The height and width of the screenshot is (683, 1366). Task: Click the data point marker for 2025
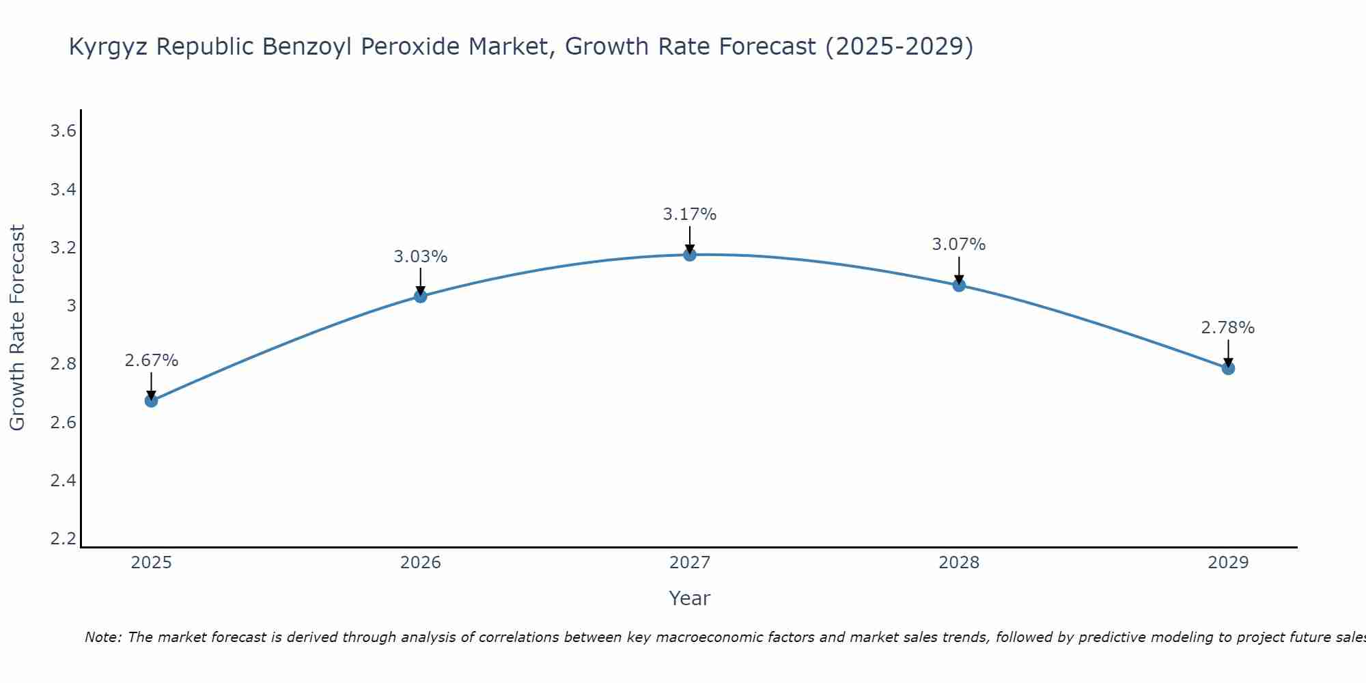[x=151, y=401]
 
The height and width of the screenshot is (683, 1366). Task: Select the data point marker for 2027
[x=690, y=255]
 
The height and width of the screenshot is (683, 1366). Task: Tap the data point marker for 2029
[x=1228, y=369]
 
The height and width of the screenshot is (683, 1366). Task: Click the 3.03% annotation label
[x=420, y=257]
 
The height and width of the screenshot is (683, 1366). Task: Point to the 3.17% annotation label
[x=690, y=214]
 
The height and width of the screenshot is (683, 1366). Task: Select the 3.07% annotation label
[x=959, y=245]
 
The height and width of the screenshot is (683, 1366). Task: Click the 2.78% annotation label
[x=1228, y=328]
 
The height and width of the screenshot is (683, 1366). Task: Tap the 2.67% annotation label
[x=151, y=361]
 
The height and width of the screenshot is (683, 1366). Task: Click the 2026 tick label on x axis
[x=420, y=563]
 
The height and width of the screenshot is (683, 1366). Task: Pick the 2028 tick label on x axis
[x=959, y=563]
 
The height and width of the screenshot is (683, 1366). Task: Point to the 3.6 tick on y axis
[x=63, y=131]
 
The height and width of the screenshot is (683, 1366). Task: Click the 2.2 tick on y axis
[x=63, y=539]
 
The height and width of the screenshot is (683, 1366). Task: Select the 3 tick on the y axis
[x=71, y=306]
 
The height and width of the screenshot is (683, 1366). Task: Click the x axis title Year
[x=690, y=598]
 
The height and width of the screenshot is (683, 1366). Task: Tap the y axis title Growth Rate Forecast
[x=17, y=328]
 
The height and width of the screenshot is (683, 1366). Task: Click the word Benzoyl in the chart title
[x=306, y=46]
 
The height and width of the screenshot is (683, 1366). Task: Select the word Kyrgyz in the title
[x=109, y=46]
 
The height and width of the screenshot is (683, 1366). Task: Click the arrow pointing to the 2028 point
[x=959, y=270]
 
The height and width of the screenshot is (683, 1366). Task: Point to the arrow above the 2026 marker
[x=420, y=281]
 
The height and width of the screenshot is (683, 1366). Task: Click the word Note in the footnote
[x=102, y=637]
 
